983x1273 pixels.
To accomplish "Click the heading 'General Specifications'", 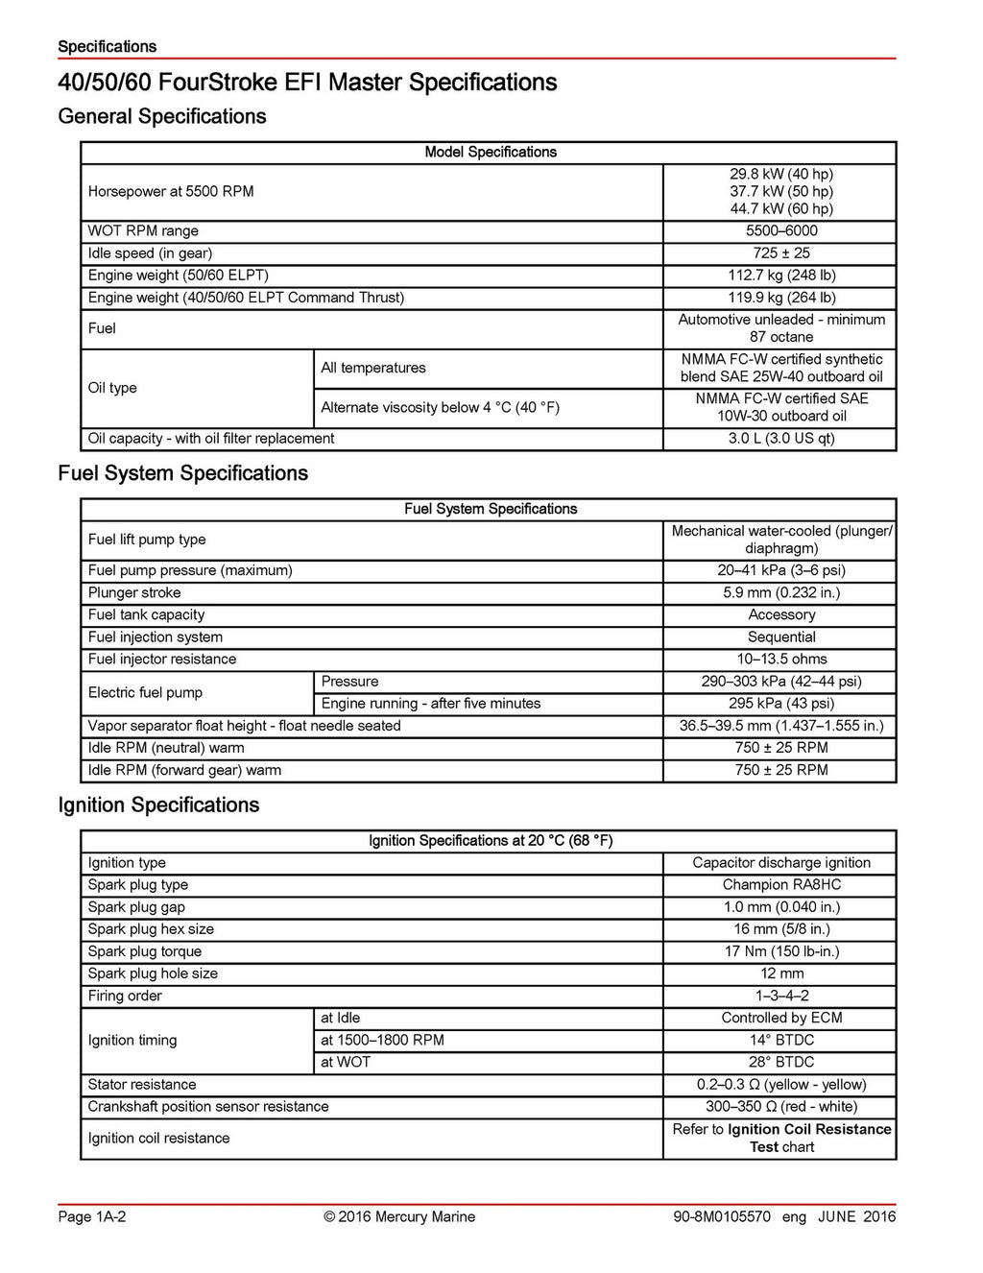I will click(161, 116).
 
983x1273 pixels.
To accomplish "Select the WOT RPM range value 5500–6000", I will click(780, 230).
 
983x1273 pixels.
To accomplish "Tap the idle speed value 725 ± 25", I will click(780, 252).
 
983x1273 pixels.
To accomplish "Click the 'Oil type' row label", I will click(112, 388).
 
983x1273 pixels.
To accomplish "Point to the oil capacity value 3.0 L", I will click(780, 439).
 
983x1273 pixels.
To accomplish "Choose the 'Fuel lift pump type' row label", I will click(147, 540).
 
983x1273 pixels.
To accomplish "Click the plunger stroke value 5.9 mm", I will click(780, 592).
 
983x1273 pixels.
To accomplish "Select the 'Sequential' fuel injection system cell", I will click(780, 636).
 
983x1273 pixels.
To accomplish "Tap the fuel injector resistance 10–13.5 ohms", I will click(780, 659).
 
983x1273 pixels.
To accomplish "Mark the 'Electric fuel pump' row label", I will click(145, 692).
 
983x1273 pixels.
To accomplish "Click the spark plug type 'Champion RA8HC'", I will click(780, 884).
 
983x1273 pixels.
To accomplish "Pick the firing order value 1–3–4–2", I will click(780, 996).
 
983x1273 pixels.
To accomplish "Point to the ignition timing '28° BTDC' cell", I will click(780, 1062).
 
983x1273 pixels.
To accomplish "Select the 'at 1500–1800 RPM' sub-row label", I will click(382, 1040).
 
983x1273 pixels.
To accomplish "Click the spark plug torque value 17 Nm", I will click(780, 951).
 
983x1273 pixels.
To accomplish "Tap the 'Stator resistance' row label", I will click(142, 1084).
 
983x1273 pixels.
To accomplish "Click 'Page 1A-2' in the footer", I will click(92, 1216).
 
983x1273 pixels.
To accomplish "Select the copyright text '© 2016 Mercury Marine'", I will click(399, 1216).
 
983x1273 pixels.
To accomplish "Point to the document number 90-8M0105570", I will click(722, 1216).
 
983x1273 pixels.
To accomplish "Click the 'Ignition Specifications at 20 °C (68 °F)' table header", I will click(490, 840).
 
